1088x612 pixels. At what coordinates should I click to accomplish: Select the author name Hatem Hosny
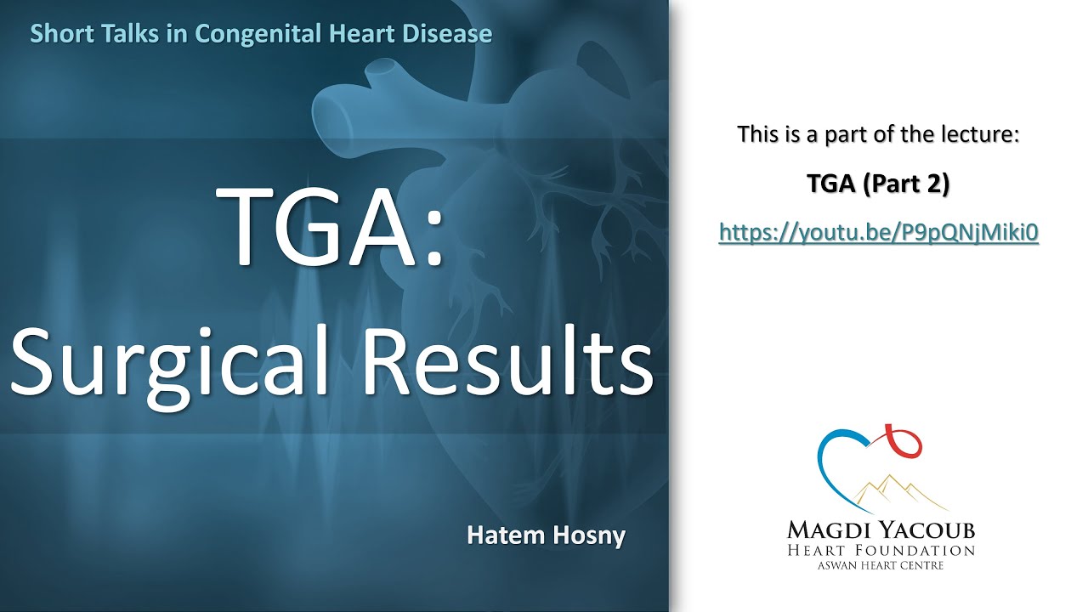[x=546, y=535]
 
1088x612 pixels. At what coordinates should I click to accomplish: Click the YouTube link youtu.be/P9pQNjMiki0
[x=879, y=232]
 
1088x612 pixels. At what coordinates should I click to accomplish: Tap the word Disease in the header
[x=451, y=34]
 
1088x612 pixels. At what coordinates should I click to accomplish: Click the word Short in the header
[x=57, y=34]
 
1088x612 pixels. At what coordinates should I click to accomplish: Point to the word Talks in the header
[x=126, y=34]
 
